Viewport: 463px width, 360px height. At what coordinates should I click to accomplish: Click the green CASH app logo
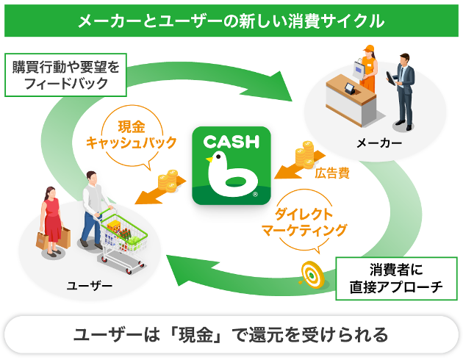[231, 166]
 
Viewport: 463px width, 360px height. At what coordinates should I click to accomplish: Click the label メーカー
[378, 142]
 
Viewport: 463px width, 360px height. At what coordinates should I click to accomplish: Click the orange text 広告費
[331, 174]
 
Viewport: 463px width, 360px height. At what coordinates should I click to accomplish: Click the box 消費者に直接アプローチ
[396, 277]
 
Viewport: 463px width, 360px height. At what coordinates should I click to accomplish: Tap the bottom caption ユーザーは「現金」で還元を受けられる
[232, 335]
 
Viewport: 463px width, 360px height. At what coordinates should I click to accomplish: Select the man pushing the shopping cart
[92, 209]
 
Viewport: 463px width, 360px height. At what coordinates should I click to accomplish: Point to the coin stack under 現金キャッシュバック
[168, 180]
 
